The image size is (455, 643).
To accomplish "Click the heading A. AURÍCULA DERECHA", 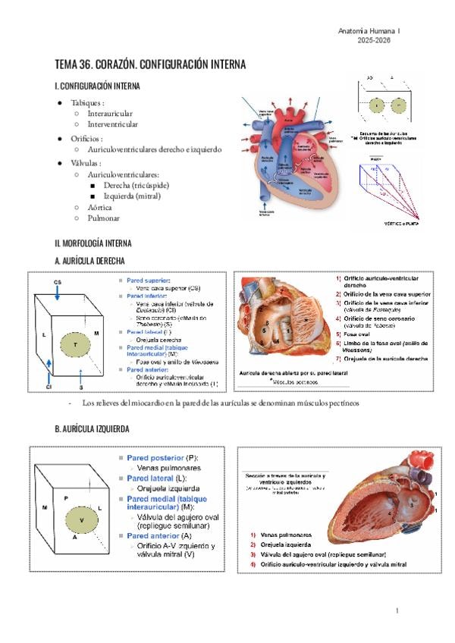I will (x=89, y=261).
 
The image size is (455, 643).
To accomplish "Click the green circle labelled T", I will (x=75, y=345).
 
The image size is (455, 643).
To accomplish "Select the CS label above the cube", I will (x=58, y=282).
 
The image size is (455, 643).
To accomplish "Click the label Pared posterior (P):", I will (x=158, y=459).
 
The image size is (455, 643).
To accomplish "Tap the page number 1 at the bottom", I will (x=397, y=610).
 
